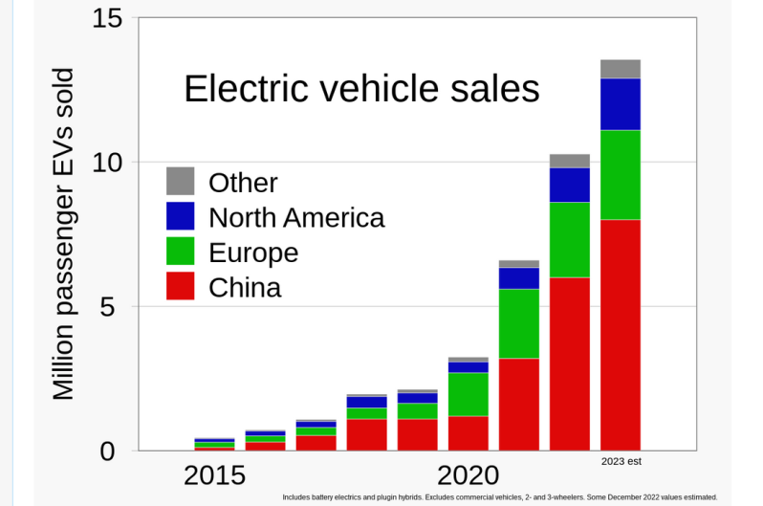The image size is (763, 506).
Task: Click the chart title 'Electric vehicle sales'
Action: [x=361, y=89]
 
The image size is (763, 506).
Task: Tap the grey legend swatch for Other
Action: [x=180, y=182]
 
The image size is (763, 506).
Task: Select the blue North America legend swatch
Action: [x=180, y=217]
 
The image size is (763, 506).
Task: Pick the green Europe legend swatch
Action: [x=180, y=253]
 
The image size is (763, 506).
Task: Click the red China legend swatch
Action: [x=180, y=287]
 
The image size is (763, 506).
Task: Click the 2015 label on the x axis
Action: [x=214, y=475]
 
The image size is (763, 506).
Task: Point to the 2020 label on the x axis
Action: [x=468, y=475]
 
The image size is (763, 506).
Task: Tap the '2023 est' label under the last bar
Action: [x=621, y=462]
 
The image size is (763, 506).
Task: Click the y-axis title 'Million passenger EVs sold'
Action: [x=63, y=234]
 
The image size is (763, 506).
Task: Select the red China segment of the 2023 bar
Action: [x=621, y=335]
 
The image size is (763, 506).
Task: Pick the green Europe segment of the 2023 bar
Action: [x=621, y=174]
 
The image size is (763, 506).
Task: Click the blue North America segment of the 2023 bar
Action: [x=621, y=103]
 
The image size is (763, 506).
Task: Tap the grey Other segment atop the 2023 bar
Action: [x=621, y=69]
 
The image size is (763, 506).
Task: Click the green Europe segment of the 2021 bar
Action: [x=519, y=323]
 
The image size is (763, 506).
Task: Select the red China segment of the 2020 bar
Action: [x=468, y=432]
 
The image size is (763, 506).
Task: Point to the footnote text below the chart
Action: [x=499, y=497]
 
